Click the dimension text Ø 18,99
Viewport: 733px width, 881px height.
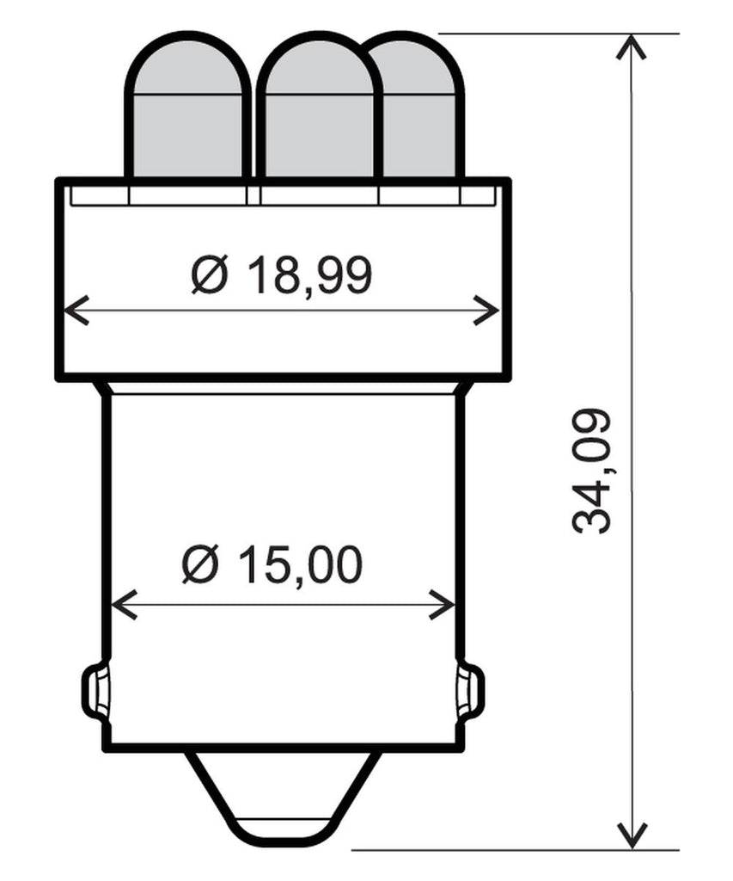[x=282, y=276]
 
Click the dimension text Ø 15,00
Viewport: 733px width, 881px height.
[x=272, y=566]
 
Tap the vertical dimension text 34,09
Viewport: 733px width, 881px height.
[x=592, y=471]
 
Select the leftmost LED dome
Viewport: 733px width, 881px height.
[x=188, y=112]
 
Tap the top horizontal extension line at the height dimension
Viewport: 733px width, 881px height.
[x=559, y=34]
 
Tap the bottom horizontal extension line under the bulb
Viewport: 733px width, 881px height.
[x=516, y=850]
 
